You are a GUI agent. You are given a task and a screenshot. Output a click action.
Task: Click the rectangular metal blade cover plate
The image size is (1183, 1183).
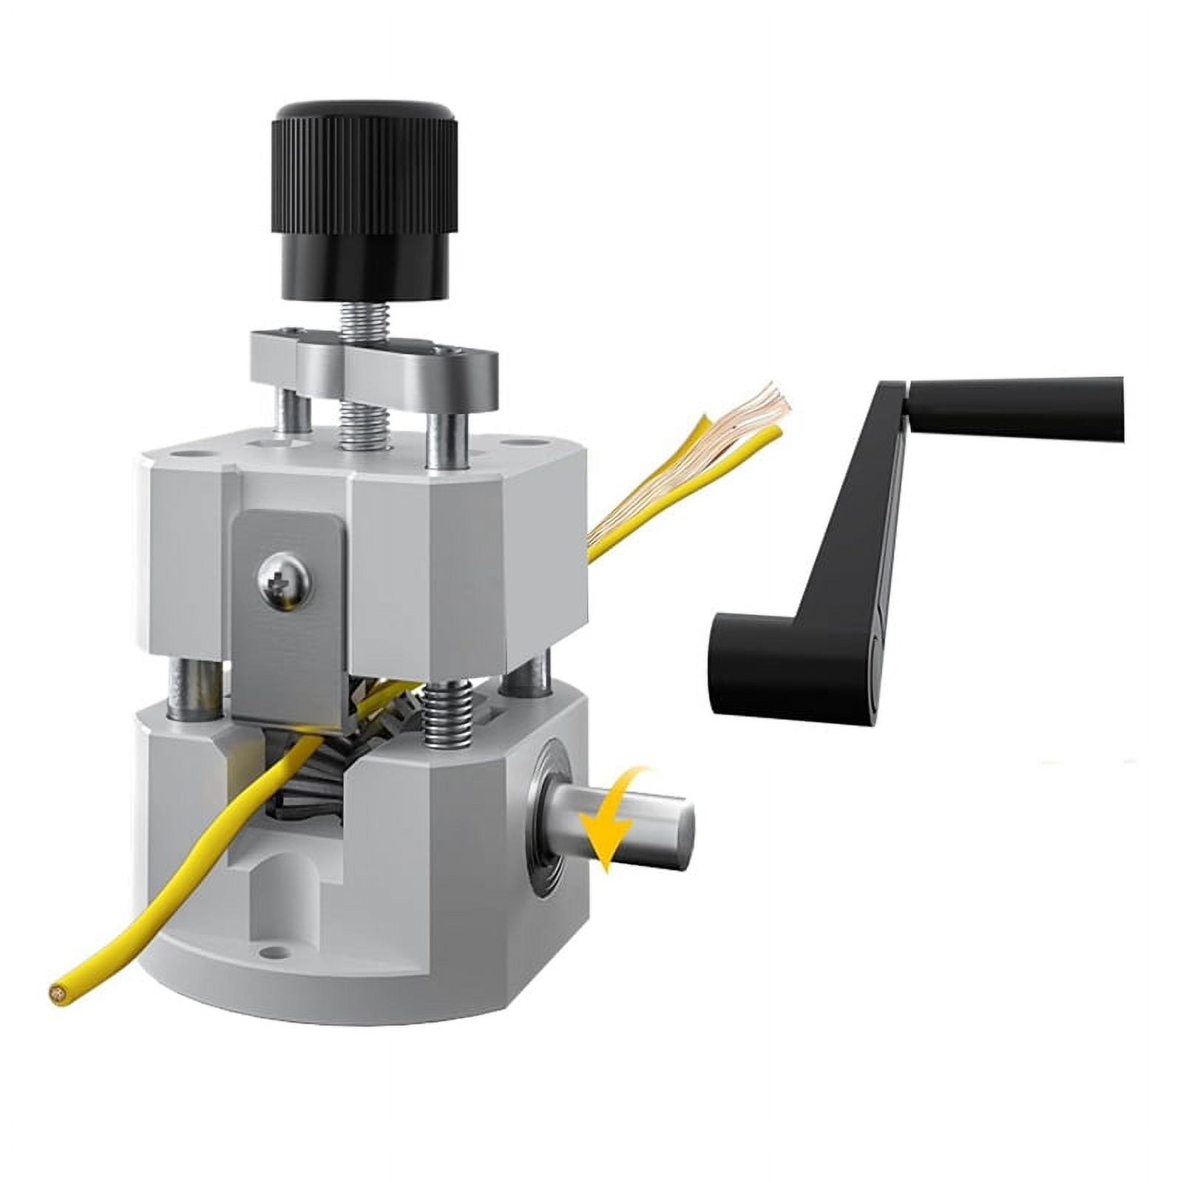point(288,614)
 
